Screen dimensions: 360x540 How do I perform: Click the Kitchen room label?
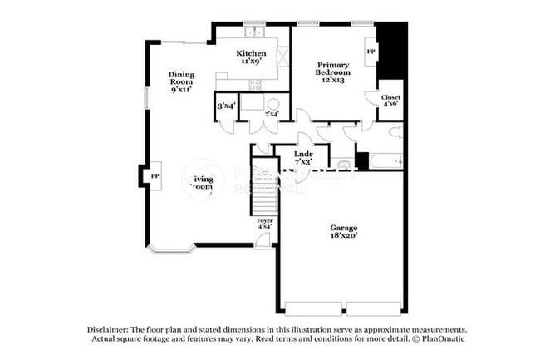point(253,57)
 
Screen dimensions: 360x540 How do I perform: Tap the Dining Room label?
point(181,81)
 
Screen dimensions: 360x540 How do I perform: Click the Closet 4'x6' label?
point(390,101)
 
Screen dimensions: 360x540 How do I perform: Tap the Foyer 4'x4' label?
point(264,223)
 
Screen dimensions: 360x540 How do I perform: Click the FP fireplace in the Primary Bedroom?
point(371,52)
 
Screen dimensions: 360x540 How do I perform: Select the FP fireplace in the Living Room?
point(155,176)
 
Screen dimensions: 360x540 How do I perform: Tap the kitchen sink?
point(253,32)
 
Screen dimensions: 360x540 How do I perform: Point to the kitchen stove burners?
point(254,83)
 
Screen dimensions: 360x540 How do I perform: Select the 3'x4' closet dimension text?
point(225,106)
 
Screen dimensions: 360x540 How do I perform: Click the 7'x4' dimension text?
point(271,114)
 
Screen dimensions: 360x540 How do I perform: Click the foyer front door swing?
point(263,240)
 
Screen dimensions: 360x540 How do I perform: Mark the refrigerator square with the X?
point(282,57)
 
